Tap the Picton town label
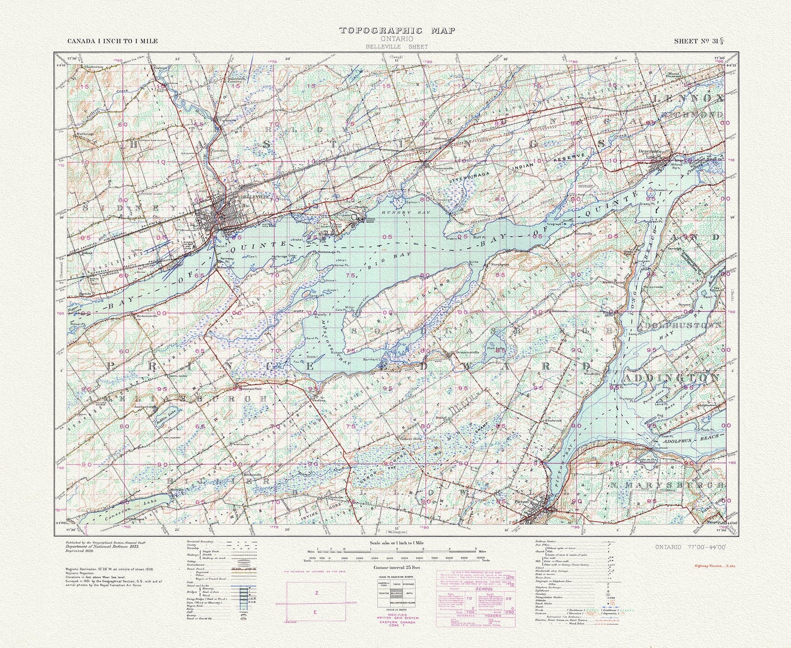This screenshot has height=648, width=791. tap(521, 502)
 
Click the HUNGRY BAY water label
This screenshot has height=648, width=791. tap(398, 212)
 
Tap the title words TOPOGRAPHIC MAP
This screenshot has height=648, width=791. tap(397, 30)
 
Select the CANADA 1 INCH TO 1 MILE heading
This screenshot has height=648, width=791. tap(112, 41)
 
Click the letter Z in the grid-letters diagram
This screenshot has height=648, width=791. tap(317, 593)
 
